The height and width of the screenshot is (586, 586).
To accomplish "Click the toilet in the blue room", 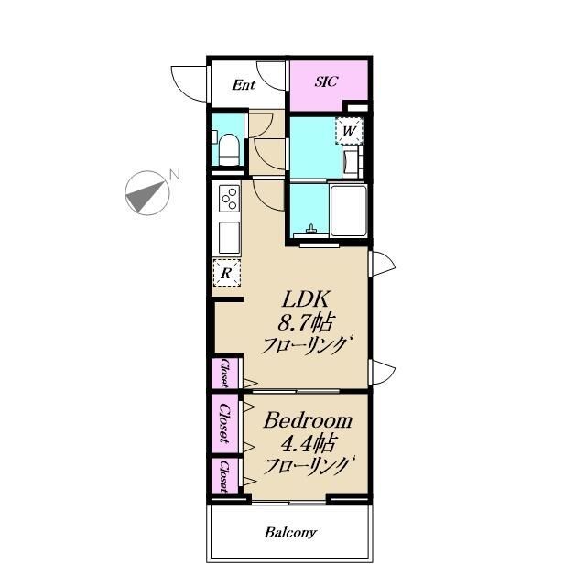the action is [x=229, y=150].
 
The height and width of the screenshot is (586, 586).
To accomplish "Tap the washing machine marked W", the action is [x=349, y=131].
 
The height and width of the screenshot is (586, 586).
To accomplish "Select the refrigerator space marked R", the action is [x=226, y=273].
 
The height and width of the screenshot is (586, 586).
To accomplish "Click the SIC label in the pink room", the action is [x=326, y=81].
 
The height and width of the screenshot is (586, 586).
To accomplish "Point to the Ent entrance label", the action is [x=244, y=85].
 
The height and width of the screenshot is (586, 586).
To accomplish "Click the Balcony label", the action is [x=290, y=532].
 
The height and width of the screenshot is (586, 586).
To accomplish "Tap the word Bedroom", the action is [x=308, y=421].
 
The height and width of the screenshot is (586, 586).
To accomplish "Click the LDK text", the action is [x=306, y=299].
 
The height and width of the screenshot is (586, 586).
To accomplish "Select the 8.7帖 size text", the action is [x=305, y=322].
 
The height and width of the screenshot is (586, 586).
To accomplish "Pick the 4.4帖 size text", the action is [x=308, y=443].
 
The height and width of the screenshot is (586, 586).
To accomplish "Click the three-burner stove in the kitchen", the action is [x=230, y=198].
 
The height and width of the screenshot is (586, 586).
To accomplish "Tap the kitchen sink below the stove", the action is [x=229, y=238].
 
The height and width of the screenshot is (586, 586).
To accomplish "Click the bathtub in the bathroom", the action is [x=348, y=211].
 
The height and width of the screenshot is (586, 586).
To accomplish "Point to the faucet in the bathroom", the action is [x=310, y=229].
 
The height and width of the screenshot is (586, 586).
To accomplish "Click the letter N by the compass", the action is [x=175, y=175].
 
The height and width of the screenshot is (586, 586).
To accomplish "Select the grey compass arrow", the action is [x=146, y=196].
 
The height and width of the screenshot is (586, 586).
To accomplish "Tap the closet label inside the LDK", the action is [x=224, y=373].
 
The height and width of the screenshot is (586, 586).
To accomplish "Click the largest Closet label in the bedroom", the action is [x=224, y=423].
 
